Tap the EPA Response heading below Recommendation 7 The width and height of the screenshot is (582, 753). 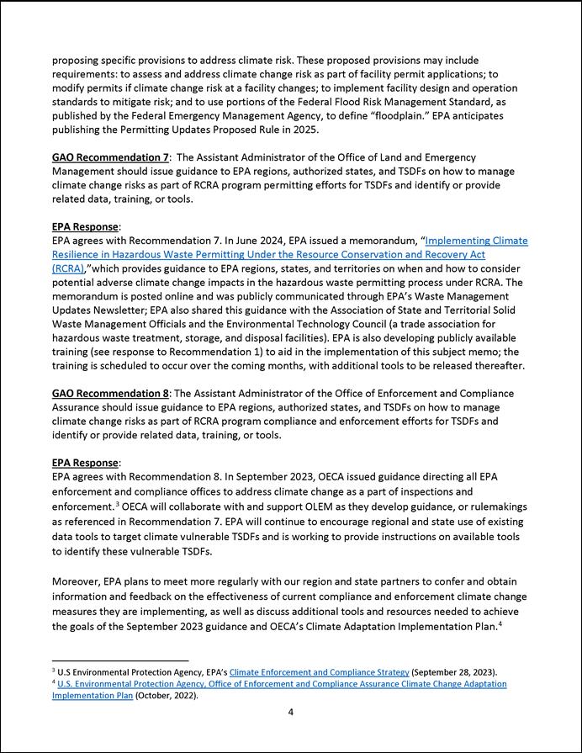click(86, 227)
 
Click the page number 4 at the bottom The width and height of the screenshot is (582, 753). click(291, 712)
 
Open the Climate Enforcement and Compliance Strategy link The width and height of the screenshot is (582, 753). click(319, 672)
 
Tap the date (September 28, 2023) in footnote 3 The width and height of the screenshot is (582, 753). click(454, 672)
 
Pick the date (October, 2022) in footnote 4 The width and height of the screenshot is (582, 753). click(167, 696)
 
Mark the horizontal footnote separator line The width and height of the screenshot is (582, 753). click(120, 661)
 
